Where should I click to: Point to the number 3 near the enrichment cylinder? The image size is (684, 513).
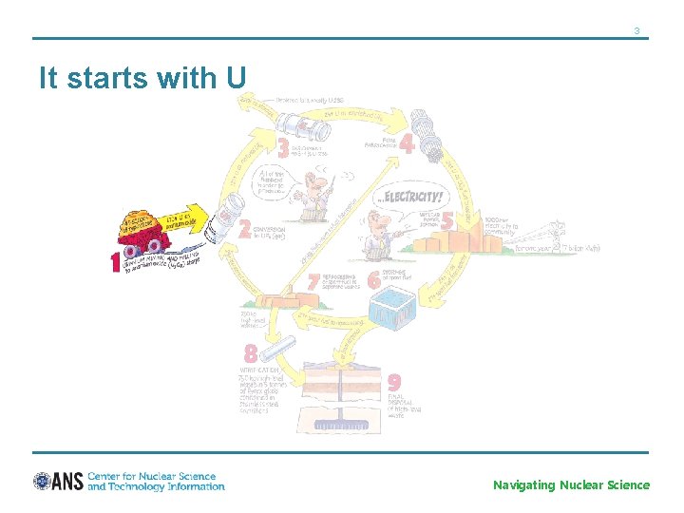[283, 149]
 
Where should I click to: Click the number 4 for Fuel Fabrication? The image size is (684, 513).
[407, 144]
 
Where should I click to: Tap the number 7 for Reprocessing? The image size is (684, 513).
[313, 281]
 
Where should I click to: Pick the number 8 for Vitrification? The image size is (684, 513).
[250, 353]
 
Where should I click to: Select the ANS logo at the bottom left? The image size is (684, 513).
[58, 482]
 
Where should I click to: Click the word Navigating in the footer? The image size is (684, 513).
[523, 485]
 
